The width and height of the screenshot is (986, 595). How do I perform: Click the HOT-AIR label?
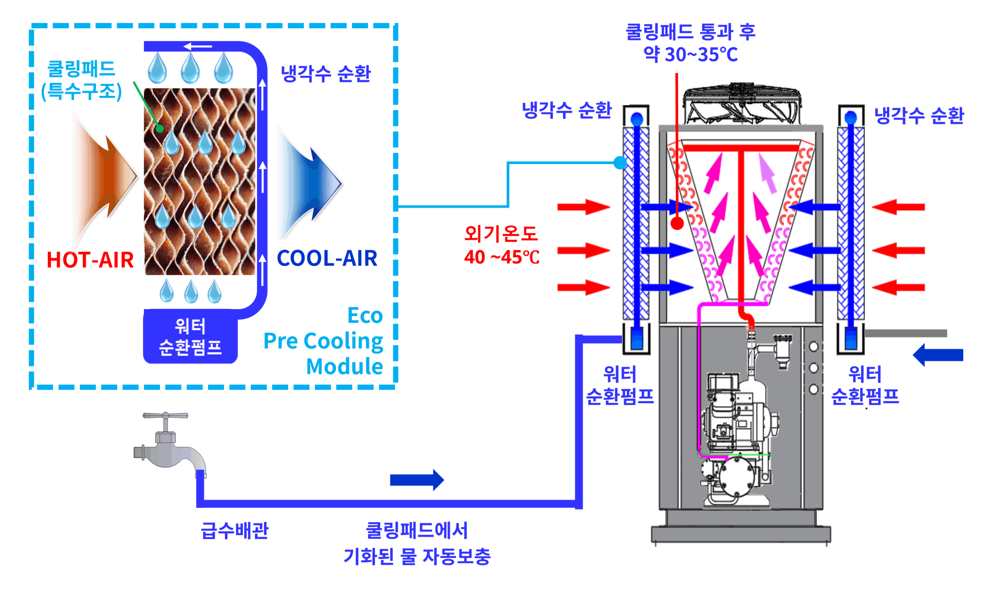tap(90, 260)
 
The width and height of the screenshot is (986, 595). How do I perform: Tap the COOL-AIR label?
tap(327, 258)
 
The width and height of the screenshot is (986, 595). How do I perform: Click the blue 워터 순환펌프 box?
tap(190, 337)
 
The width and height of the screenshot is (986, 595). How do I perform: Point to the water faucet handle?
tap(165, 415)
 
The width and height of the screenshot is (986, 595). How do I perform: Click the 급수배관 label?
tap(235, 531)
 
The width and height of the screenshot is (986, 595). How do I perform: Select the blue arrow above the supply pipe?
tap(417, 480)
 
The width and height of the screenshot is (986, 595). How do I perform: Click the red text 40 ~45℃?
tap(501, 257)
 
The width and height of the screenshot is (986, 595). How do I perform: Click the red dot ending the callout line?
tap(677, 223)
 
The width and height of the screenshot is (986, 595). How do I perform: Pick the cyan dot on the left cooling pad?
tap(620, 163)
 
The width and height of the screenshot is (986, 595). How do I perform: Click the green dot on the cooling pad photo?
tap(160, 129)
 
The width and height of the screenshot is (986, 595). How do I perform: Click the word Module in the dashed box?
tap(344, 367)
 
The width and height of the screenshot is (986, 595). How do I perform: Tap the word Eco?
tap(365, 316)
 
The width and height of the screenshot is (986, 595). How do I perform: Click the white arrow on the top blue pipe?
tap(198, 47)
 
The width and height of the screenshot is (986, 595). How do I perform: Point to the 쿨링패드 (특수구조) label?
tap(81, 80)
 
